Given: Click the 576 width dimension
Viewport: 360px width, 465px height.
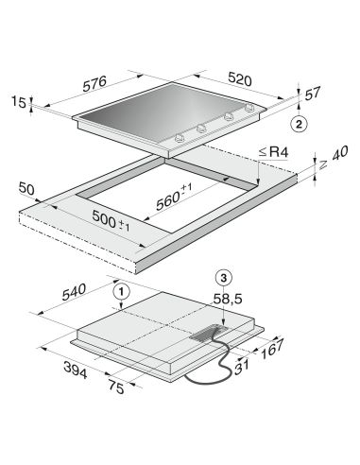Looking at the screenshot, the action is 94,83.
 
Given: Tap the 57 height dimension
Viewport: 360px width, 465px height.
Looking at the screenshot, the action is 312,94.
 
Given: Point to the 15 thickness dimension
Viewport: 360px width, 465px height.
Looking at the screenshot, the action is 19,101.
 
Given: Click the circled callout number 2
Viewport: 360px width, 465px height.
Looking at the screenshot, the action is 299,124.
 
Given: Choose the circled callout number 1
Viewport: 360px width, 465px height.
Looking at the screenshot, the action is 122,292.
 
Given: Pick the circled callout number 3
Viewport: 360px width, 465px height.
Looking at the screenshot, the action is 223,278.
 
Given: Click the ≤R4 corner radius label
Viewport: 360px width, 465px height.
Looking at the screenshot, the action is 273,152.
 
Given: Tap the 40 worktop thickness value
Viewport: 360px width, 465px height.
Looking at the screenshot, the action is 339,153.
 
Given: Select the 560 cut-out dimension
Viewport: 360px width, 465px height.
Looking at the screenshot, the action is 174,198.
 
